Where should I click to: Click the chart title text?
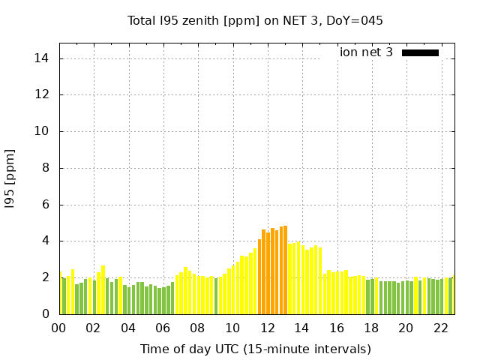tap(255, 20)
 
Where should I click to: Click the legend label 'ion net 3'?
tap(366, 52)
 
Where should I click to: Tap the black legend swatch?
tap(420, 52)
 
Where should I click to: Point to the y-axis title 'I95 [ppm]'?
tap(10, 184)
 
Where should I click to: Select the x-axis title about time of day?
tap(255, 349)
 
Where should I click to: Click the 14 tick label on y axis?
tap(43, 58)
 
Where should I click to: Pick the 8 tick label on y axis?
tap(46, 168)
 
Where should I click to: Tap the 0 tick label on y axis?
tap(46, 314)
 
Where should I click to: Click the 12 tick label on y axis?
tap(43, 95)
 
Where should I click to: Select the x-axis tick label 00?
tap(58, 328)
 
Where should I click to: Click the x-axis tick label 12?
tap(267, 328)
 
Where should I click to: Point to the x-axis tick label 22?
tap(440, 328)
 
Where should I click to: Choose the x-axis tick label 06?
tap(163, 328)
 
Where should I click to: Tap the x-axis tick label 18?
tap(371, 328)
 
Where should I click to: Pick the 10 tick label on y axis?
tap(43, 131)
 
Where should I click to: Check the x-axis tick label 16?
tap(336, 328)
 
